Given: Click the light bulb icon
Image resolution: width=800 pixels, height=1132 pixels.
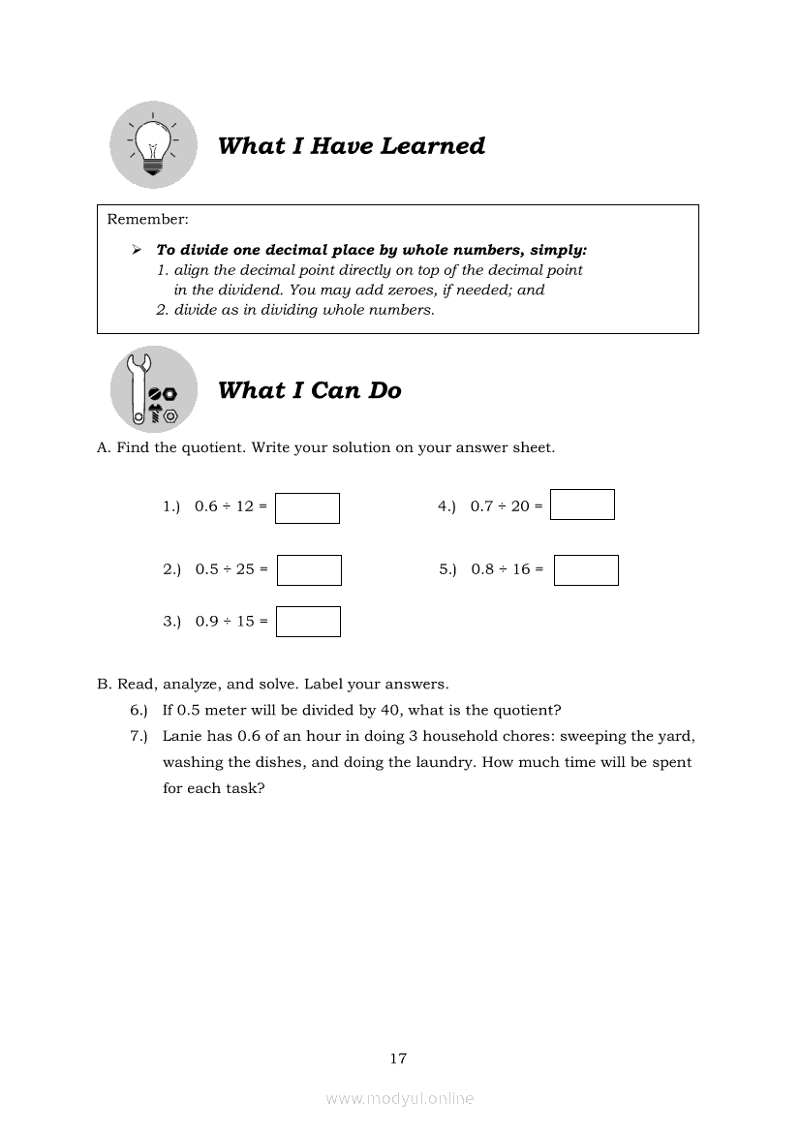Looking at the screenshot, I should pyautogui.click(x=152, y=145).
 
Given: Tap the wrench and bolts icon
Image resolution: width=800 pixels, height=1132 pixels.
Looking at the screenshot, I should pyautogui.click(x=153, y=389).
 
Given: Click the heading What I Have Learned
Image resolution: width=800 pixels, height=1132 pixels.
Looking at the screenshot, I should pyautogui.click(x=351, y=146).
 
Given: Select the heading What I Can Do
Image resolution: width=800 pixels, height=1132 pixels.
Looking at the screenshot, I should pyautogui.click(x=309, y=390).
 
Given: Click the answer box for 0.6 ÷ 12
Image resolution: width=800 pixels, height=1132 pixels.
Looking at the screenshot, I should pyautogui.click(x=307, y=508).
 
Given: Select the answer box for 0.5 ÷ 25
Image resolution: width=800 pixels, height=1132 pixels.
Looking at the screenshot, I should pyautogui.click(x=309, y=570).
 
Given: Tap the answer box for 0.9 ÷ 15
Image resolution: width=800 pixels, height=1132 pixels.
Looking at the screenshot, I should pyautogui.click(x=308, y=622).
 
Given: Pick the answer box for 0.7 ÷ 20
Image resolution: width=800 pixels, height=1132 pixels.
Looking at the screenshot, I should pyautogui.click(x=582, y=505).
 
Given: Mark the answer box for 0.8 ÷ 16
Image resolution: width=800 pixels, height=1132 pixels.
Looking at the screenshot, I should pyautogui.click(x=586, y=570).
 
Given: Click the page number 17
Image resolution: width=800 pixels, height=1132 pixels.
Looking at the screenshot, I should pyautogui.click(x=398, y=1058).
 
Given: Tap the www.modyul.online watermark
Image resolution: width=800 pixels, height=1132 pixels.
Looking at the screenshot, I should pyautogui.click(x=400, y=1099).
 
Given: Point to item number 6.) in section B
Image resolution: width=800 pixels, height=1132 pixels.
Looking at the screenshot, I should pyautogui.click(x=138, y=710).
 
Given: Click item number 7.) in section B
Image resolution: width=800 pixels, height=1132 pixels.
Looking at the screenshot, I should pyautogui.click(x=138, y=736).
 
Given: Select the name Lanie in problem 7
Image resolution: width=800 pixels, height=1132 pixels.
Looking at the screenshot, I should pyautogui.click(x=181, y=736).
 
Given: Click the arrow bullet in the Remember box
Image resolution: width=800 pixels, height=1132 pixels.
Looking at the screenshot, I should pyautogui.click(x=137, y=250).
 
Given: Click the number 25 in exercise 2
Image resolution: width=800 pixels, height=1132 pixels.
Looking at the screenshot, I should pyautogui.click(x=245, y=569).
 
